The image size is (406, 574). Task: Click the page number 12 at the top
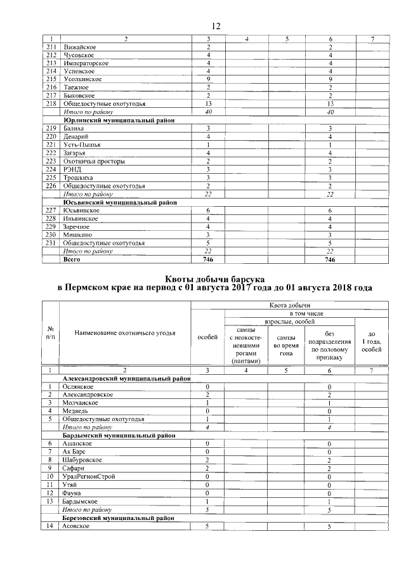click(215, 26)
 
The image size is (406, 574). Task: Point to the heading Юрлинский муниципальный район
click(119, 119)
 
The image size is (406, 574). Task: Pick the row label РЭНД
click(72, 169)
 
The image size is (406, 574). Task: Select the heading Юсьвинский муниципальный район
click(120, 202)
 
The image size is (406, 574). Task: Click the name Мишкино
click(77, 235)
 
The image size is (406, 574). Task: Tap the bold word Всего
click(72, 259)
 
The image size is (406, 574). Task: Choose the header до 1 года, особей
click(371, 341)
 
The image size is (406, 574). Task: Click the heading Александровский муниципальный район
click(126, 378)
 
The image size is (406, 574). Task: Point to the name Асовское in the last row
click(77, 526)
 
